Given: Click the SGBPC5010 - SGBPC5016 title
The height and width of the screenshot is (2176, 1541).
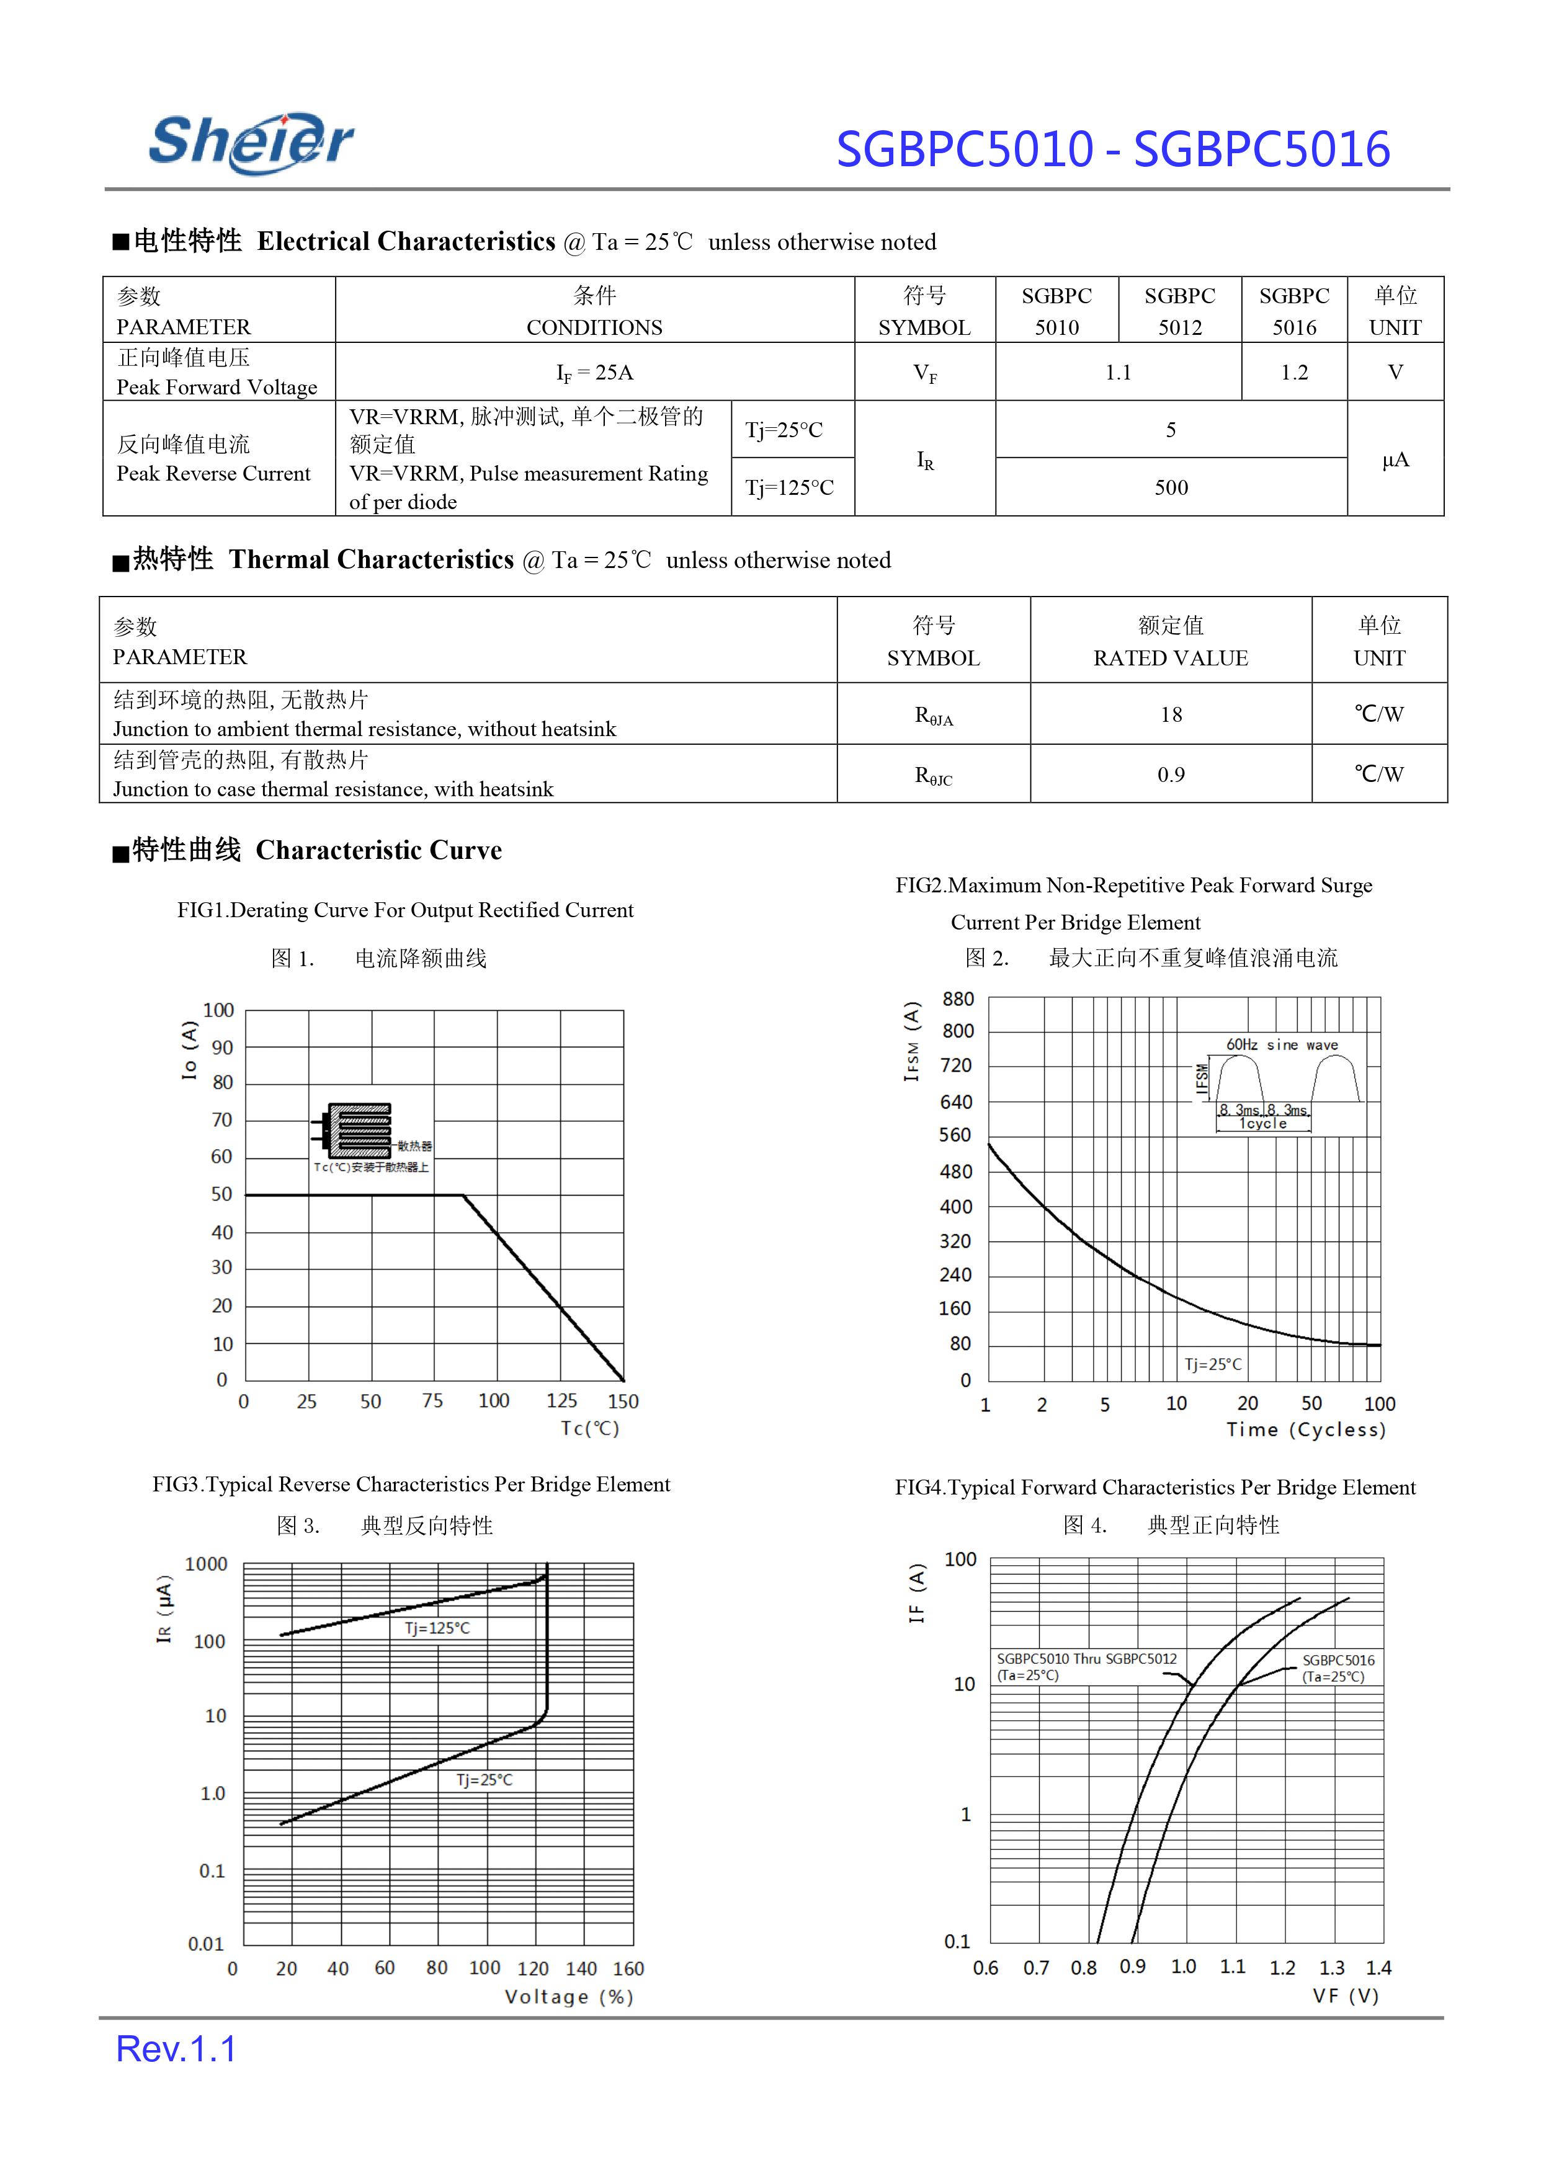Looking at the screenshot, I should tap(1112, 150).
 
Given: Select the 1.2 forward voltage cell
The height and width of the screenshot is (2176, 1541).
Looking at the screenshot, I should tap(1293, 372).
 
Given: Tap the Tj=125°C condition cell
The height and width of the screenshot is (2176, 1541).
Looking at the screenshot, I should tap(790, 487).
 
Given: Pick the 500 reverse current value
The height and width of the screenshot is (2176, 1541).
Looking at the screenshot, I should tap(1171, 487).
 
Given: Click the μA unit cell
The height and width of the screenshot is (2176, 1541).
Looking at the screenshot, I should tap(1395, 460).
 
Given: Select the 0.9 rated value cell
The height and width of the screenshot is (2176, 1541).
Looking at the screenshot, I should tap(1171, 775).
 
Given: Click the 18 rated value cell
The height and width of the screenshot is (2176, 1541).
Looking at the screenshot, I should tap(1171, 714).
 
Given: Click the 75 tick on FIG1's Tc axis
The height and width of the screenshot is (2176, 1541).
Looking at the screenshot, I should tap(432, 1401).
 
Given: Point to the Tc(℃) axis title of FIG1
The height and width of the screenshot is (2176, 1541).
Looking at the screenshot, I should tap(589, 1429).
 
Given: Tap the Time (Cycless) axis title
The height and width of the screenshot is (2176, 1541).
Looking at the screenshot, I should tap(1306, 1429).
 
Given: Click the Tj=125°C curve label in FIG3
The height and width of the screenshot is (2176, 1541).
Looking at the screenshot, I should tap(437, 1628).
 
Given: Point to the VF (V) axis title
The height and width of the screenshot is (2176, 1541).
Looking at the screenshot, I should tap(1346, 1996).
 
